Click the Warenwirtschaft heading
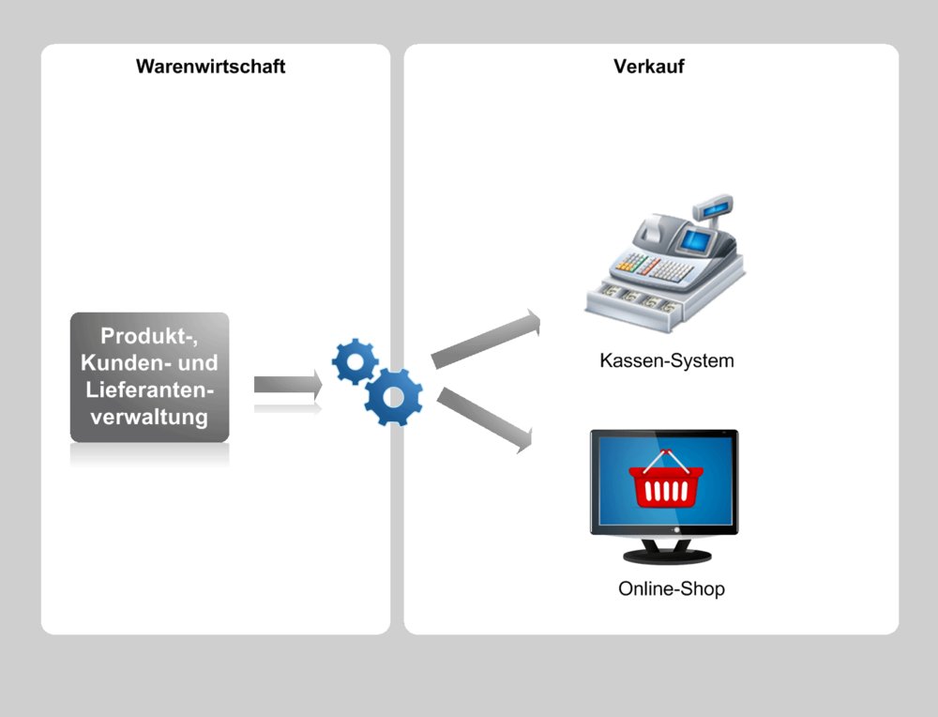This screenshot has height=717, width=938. (x=210, y=67)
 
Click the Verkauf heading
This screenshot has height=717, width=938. (x=648, y=67)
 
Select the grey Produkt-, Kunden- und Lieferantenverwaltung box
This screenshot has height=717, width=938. (x=150, y=377)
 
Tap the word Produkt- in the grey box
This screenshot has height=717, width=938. (x=150, y=336)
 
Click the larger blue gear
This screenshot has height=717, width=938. (x=394, y=397)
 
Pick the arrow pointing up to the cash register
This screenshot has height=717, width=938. (x=487, y=339)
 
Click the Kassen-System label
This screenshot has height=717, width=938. (x=667, y=360)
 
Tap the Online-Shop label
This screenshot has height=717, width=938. (x=672, y=589)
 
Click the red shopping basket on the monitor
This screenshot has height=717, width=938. (x=663, y=483)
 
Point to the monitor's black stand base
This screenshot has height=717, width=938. (x=665, y=556)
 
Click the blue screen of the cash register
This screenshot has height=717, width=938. (x=695, y=240)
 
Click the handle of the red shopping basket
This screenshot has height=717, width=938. (x=664, y=459)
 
